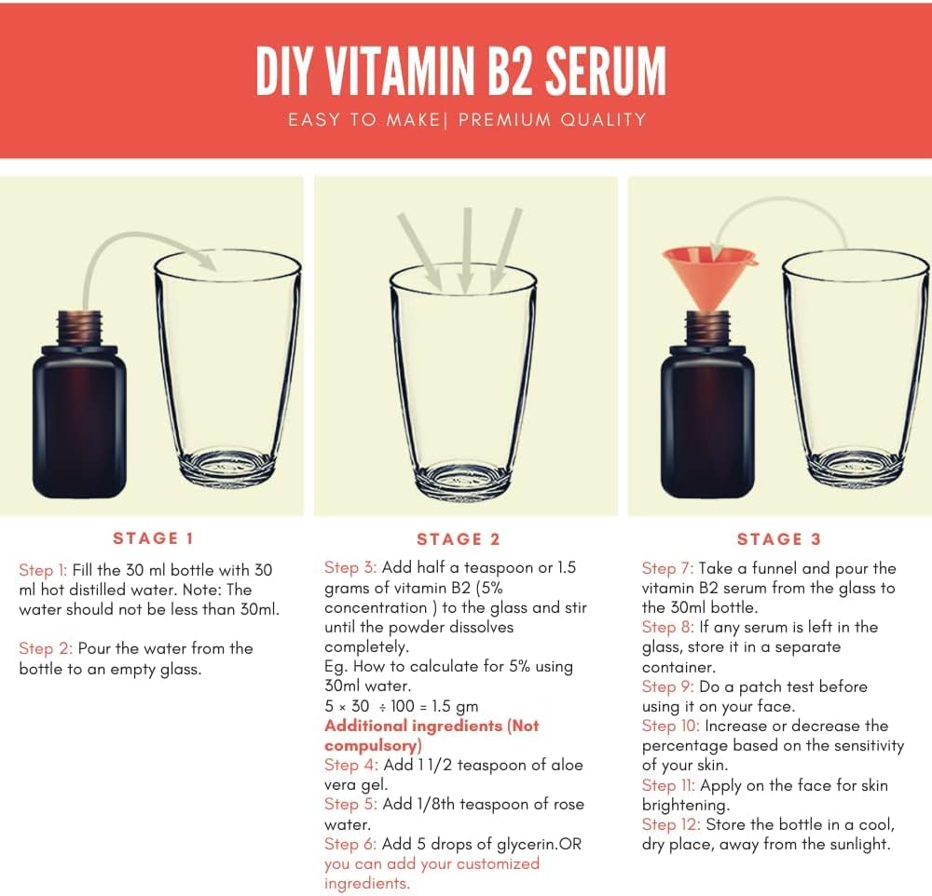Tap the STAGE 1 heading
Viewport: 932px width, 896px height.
(x=153, y=538)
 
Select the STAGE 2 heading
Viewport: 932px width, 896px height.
(x=459, y=539)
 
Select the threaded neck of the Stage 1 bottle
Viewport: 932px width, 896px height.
(x=81, y=325)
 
